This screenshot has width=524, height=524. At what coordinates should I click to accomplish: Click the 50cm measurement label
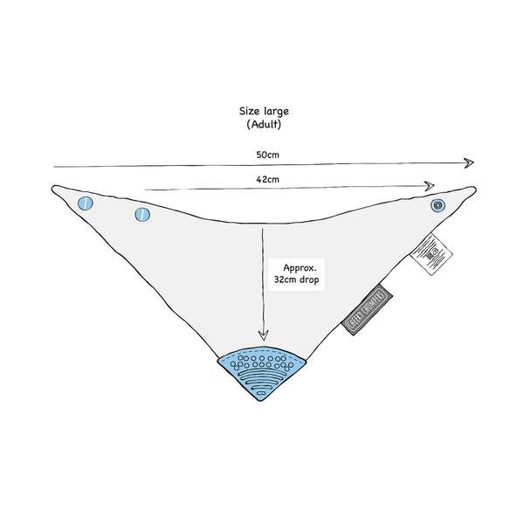(268, 154)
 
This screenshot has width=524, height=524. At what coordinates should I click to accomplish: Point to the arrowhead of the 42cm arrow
(431, 185)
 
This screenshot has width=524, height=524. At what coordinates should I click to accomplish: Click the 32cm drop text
(298, 283)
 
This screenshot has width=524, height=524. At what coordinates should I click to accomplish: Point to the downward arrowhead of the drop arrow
(263, 337)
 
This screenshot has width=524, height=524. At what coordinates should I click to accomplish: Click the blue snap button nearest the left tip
(85, 203)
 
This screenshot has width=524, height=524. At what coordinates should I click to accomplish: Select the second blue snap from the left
(141, 214)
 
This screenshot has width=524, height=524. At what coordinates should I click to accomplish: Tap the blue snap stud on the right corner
(438, 206)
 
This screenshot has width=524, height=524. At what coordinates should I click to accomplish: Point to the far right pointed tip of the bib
(474, 188)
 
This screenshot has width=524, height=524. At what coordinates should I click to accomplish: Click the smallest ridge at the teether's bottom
(261, 396)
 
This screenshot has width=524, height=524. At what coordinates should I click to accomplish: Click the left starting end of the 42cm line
(145, 187)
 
